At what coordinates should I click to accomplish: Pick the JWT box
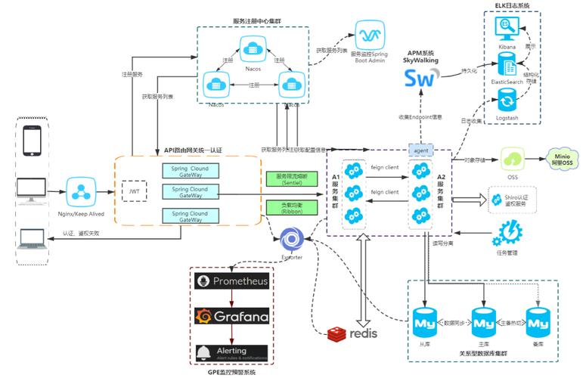[135, 191]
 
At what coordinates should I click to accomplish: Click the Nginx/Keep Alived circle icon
[80, 191]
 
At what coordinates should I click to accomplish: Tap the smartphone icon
[32, 141]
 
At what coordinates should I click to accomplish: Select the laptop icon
[33, 240]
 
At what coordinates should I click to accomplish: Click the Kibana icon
[505, 29]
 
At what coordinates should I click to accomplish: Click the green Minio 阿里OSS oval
[563, 160]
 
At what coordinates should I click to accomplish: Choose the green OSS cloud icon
[512, 160]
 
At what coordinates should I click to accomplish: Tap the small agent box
[420, 150]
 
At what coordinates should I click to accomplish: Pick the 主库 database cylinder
[482, 323]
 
